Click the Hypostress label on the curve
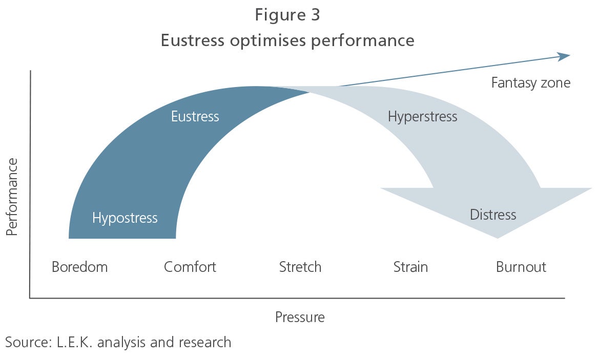(125, 218)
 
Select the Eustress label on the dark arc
(195, 116)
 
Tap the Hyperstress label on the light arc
(423, 117)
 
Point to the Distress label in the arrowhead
(493, 215)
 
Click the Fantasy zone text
(530, 83)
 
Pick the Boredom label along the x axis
(80, 267)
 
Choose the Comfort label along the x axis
(190, 267)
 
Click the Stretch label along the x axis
(300, 267)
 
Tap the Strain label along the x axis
(410, 267)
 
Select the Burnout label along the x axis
(521, 267)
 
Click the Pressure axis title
(300, 317)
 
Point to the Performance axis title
(12, 197)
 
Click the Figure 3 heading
(287, 15)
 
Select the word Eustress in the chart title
(192, 40)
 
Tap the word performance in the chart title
(363, 41)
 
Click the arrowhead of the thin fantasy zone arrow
(565, 56)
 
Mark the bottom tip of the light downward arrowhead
(498, 239)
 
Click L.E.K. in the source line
(75, 342)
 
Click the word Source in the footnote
(28, 342)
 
